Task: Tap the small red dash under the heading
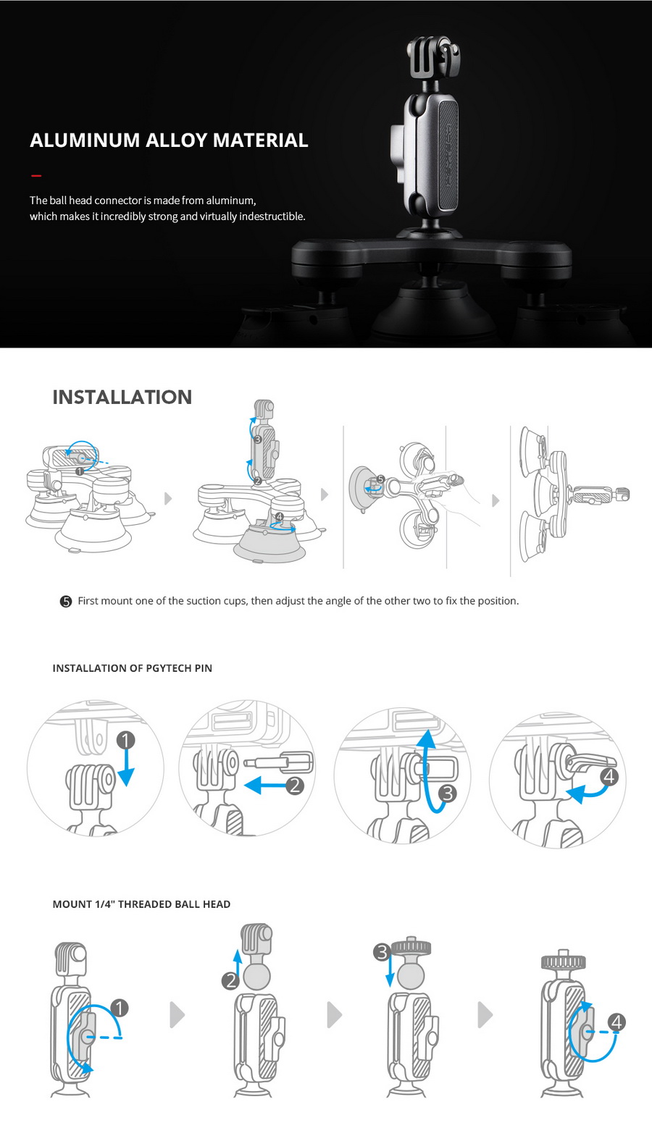click(x=36, y=175)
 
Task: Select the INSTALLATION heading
click(x=122, y=397)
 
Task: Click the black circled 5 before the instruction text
click(x=66, y=602)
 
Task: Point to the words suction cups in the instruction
click(x=216, y=601)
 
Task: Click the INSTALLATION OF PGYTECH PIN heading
click(x=132, y=668)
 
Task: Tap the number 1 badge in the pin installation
click(x=125, y=740)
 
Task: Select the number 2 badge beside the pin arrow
click(x=294, y=785)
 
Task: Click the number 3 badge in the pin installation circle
click(x=447, y=794)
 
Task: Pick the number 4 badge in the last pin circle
click(x=609, y=777)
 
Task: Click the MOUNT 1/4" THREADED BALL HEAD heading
click(x=141, y=904)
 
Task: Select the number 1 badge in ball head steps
click(x=120, y=1008)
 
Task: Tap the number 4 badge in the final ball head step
click(x=617, y=1022)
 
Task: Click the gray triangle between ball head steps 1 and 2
click(x=177, y=1015)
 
